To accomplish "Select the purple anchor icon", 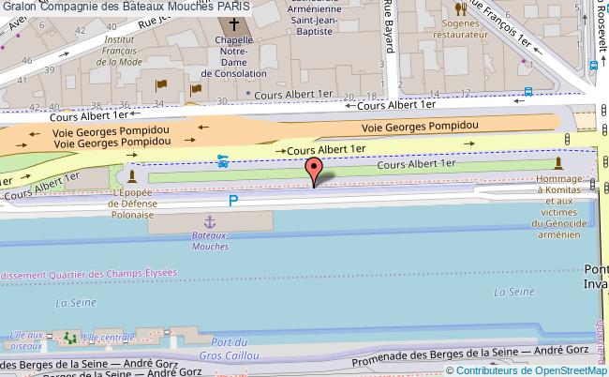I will tap(211, 222).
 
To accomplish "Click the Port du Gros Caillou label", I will tap(230, 348).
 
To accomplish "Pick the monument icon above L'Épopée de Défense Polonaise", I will tap(133, 176).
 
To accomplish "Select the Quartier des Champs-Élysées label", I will tap(102, 275).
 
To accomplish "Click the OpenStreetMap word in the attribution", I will tap(573, 369).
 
